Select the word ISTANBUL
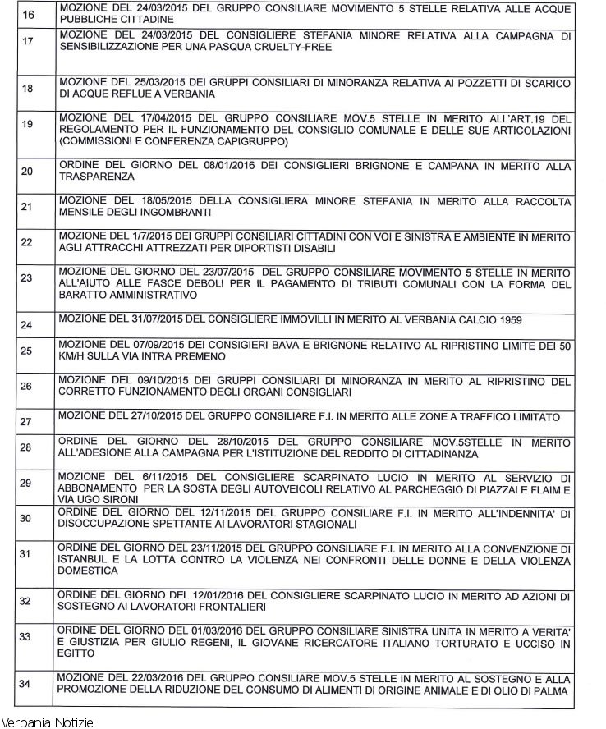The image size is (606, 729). (85, 561)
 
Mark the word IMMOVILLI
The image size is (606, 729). (290, 319)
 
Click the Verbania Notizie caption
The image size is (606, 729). (48, 722)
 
